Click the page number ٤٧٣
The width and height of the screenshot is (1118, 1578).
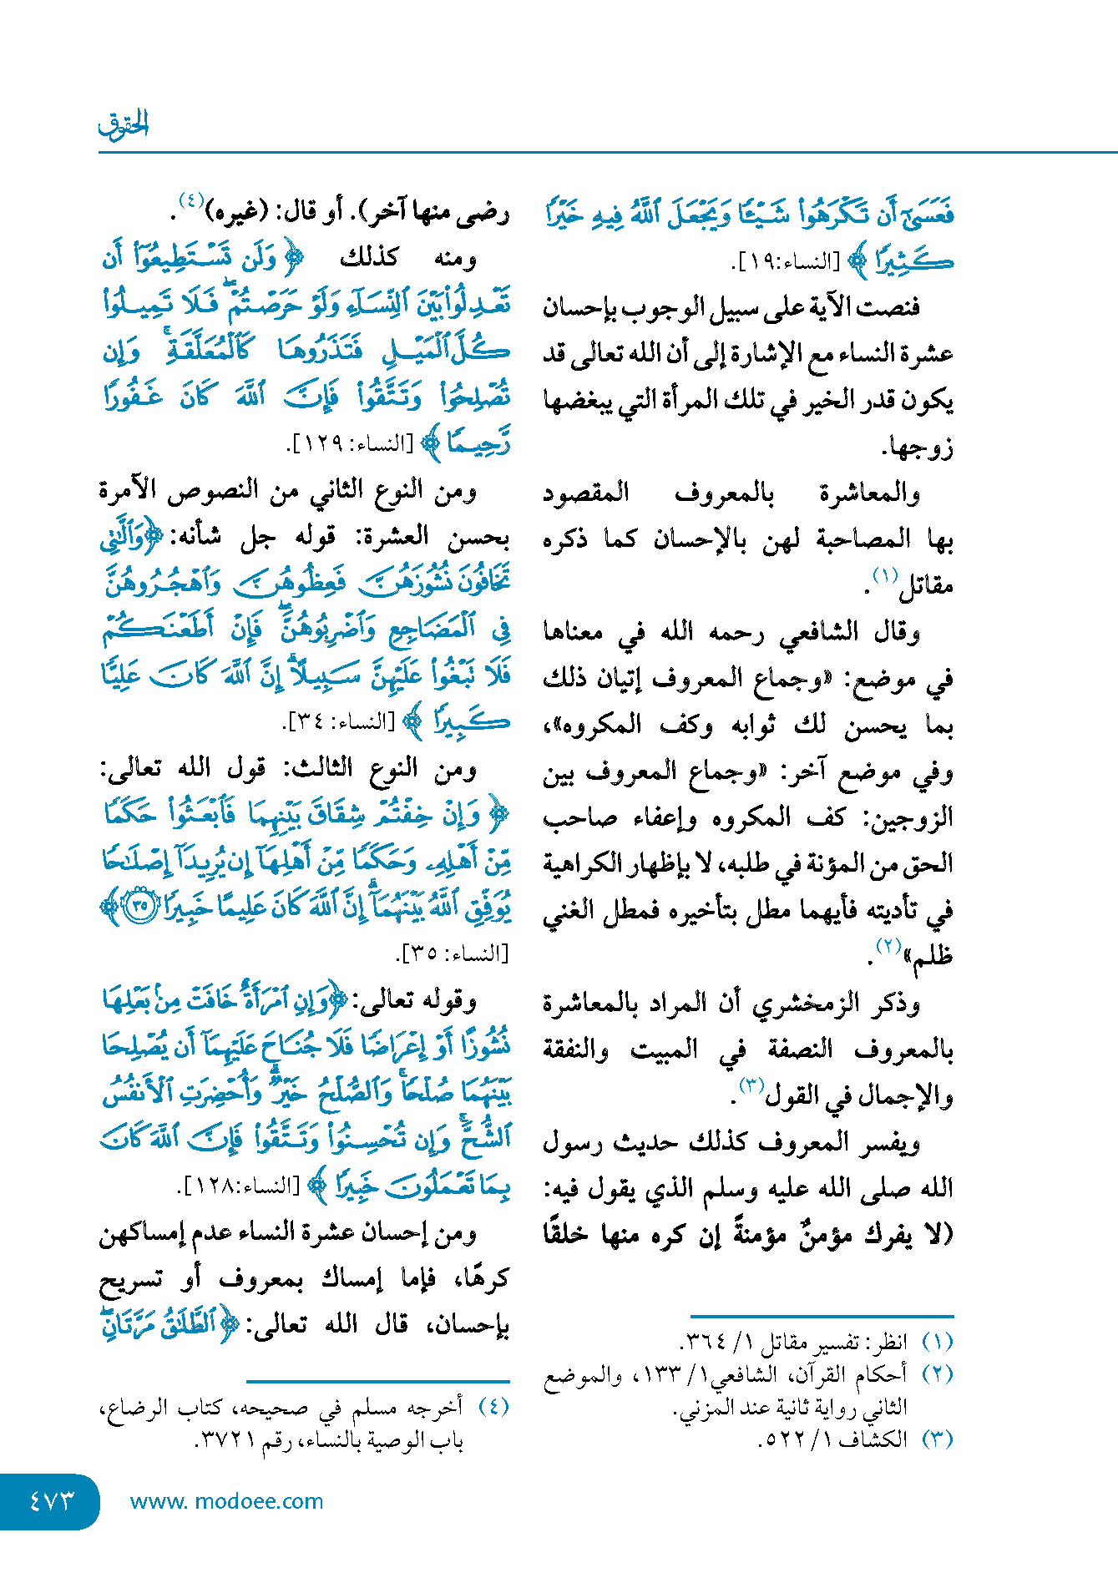(52, 1500)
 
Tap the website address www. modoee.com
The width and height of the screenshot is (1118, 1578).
(226, 1501)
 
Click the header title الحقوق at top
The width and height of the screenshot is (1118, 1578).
(124, 124)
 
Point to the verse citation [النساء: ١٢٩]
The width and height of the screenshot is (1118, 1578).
(351, 444)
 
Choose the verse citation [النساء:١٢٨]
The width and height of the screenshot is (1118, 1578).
(241, 1186)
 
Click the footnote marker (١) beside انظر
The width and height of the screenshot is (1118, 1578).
(937, 1343)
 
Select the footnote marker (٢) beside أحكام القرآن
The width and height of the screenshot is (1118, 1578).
(937, 1374)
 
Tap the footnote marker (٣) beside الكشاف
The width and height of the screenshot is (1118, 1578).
(937, 1439)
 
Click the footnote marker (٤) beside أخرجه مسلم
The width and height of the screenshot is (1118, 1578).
(493, 1407)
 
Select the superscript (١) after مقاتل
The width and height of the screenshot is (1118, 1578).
(884, 576)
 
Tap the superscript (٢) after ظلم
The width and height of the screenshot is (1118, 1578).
(888, 946)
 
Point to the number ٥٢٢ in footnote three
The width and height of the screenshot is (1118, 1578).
(786, 1440)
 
